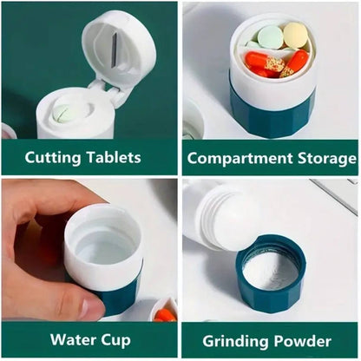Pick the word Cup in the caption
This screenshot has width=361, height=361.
(x=119, y=338)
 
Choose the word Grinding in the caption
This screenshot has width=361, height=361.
(x=237, y=338)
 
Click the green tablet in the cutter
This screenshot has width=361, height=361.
(x=63, y=113)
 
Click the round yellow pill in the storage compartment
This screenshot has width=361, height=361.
(x=295, y=35)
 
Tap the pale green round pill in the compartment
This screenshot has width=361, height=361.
(x=270, y=36)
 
